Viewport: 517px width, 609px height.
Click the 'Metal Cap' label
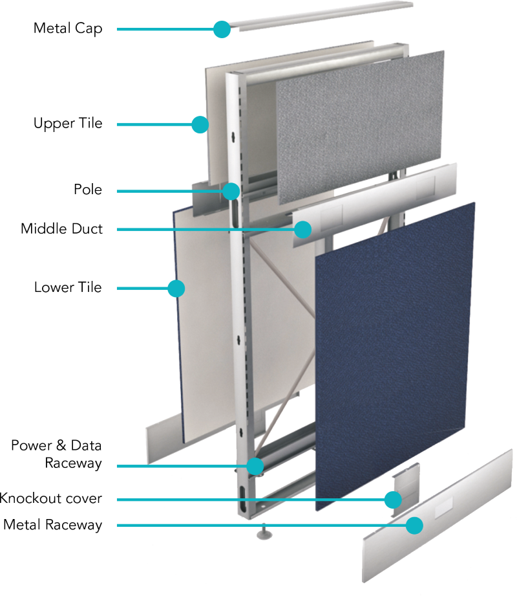(68, 28)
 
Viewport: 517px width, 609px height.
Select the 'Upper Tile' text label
(68, 124)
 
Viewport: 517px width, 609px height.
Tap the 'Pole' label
(88, 190)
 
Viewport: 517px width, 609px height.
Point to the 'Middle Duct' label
(61, 228)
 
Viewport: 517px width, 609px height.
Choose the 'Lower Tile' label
(68, 287)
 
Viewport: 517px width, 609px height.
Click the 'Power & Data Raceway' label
(57, 454)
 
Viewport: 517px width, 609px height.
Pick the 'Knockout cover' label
(51, 498)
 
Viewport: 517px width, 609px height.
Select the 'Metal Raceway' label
(53, 525)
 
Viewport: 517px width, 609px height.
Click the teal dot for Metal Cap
(222, 29)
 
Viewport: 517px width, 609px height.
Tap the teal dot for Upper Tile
(200, 124)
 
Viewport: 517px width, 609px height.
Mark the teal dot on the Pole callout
(231, 191)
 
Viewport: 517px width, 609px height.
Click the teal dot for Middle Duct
(302, 230)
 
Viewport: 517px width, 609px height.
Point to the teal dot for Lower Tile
(176, 289)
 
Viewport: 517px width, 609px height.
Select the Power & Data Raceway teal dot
(255, 466)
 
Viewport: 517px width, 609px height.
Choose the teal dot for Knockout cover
(393, 500)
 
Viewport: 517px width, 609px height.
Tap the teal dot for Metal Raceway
(414, 526)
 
